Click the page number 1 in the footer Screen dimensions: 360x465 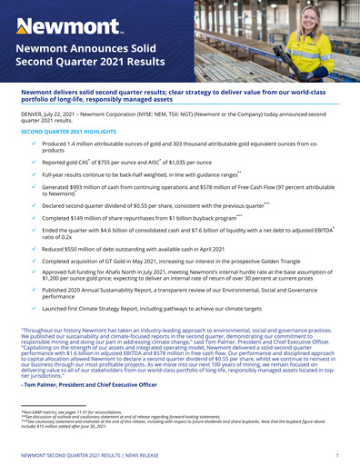[337, 451]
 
